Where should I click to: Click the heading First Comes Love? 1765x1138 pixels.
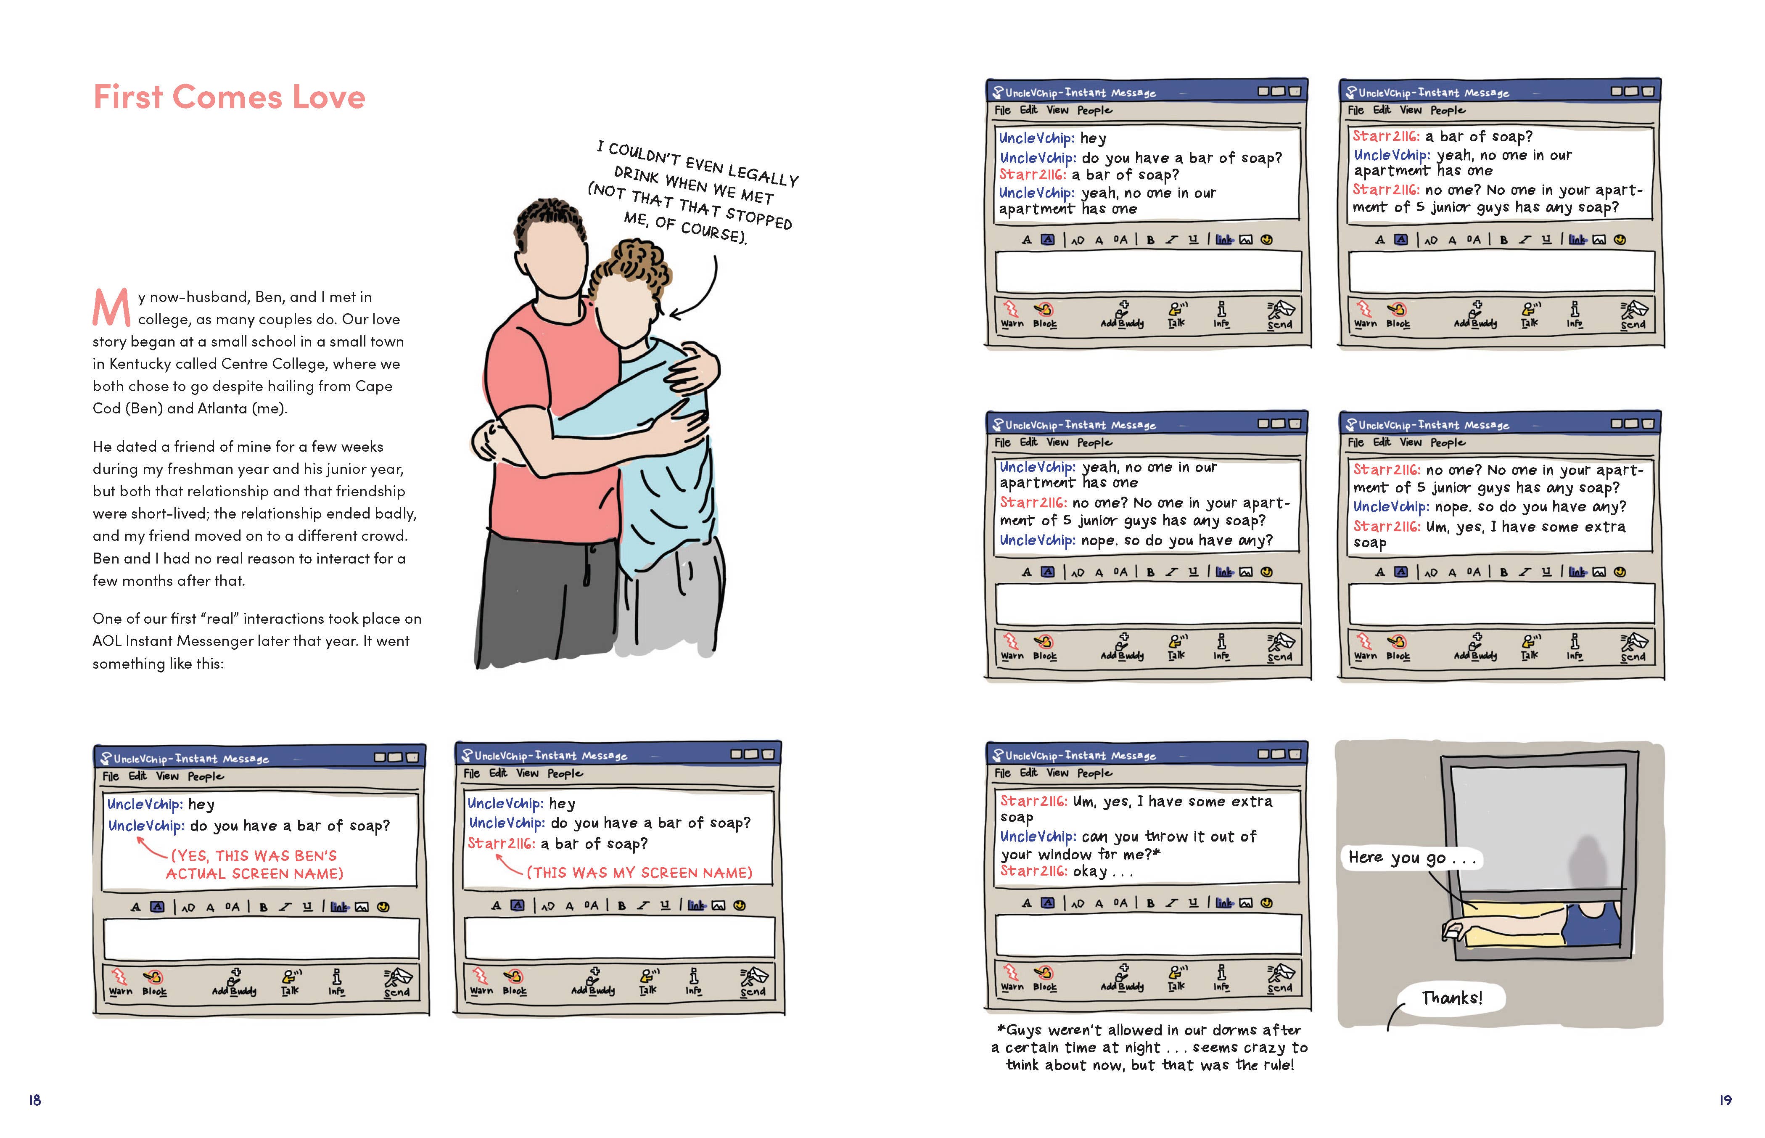coord(229,97)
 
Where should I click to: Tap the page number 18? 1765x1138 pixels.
coord(35,1100)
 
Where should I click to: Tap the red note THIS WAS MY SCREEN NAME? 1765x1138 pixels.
coord(639,873)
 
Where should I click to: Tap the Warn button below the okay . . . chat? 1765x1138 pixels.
coord(1012,977)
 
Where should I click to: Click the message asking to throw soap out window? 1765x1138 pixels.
coord(1128,845)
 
